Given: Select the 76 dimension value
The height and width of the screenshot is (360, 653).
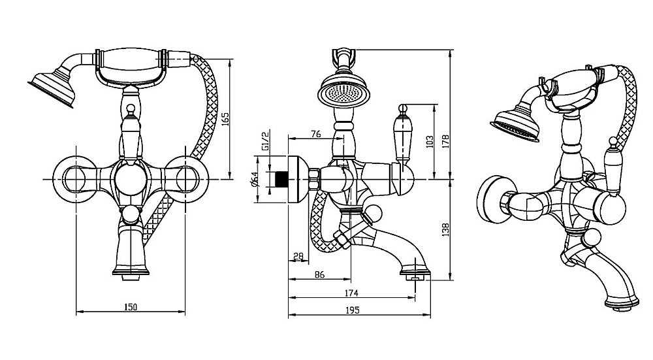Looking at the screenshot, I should [x=315, y=134].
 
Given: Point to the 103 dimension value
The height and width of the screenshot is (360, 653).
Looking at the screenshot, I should [x=428, y=140].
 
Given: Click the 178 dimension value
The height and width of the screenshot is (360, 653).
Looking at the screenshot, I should [x=445, y=142].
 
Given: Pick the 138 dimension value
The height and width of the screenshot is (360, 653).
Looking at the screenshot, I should [x=445, y=231].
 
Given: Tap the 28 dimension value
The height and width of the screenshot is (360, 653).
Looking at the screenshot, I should [x=298, y=257].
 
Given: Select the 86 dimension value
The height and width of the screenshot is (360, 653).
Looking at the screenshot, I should [x=319, y=275].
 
